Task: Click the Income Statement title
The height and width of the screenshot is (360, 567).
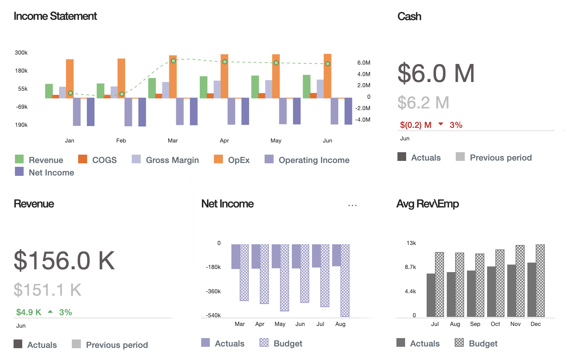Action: tap(55, 16)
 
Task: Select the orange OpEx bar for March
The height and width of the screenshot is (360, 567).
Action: tap(173, 76)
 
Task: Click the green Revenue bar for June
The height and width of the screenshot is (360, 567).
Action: tap(306, 87)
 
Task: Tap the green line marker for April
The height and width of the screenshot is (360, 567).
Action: tap(225, 62)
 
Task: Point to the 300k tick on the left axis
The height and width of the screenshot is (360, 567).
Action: tap(21, 52)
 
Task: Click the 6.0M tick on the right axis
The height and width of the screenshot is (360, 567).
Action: tap(363, 63)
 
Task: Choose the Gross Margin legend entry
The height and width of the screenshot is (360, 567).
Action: tap(172, 160)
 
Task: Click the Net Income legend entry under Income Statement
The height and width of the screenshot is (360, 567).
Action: tap(51, 173)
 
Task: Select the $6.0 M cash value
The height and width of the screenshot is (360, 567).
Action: tap(436, 73)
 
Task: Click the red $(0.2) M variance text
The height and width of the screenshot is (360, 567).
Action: tap(416, 125)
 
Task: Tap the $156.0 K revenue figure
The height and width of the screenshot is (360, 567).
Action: tap(64, 261)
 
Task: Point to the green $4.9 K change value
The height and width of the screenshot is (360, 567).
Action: tap(28, 312)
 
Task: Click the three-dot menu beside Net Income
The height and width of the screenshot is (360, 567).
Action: tap(352, 206)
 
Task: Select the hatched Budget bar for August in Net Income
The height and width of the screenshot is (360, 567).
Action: tap(345, 280)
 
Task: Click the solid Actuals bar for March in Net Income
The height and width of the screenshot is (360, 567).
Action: tap(236, 256)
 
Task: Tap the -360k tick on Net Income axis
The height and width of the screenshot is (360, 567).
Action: tap(213, 291)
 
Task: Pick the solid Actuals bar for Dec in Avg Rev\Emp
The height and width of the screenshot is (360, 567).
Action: tap(532, 289)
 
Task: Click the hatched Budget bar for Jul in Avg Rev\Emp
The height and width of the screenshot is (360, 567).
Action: tap(439, 284)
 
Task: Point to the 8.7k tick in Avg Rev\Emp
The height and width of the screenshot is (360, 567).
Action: tap(410, 267)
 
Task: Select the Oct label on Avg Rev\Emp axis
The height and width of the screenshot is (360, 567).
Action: tap(495, 324)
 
